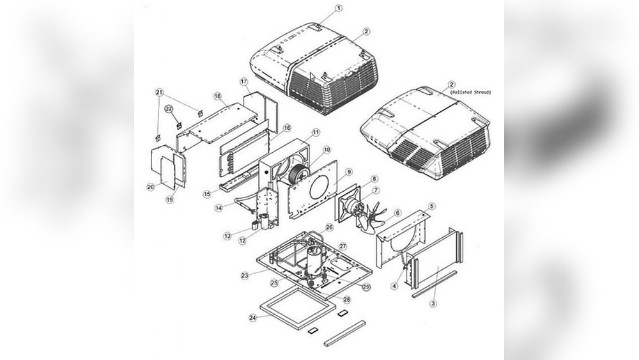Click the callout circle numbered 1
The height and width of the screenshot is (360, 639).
[339, 8]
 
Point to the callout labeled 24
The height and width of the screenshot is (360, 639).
[253, 318]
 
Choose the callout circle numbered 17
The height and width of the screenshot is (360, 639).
[243, 82]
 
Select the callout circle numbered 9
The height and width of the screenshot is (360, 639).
[349, 172]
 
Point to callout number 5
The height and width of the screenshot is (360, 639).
[431, 206]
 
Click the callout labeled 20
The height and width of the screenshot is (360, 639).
[151, 187]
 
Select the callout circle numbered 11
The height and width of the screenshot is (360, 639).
[316, 132]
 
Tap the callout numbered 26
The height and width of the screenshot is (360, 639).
[330, 227]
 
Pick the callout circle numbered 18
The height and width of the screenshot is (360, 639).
[217, 96]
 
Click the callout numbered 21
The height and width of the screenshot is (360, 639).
[158, 92]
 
